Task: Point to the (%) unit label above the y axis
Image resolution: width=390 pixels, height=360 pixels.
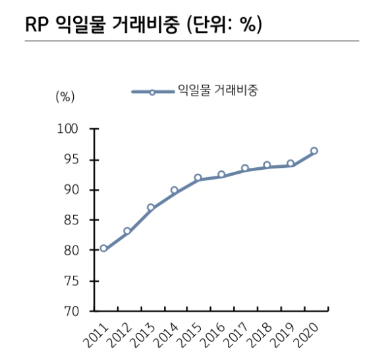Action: point(65,96)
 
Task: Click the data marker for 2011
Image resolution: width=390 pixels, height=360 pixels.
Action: point(103,248)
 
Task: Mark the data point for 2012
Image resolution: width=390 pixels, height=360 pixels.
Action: point(127,231)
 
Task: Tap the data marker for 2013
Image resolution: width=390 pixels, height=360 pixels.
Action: point(151,207)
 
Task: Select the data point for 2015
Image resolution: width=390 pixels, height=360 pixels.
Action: point(198,178)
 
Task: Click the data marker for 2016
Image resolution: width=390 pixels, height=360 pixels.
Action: point(221,174)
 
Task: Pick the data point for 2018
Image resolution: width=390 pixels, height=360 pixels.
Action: point(267,165)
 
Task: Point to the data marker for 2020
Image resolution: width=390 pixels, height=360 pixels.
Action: point(314,151)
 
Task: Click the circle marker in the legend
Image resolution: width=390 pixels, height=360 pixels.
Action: point(152,91)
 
